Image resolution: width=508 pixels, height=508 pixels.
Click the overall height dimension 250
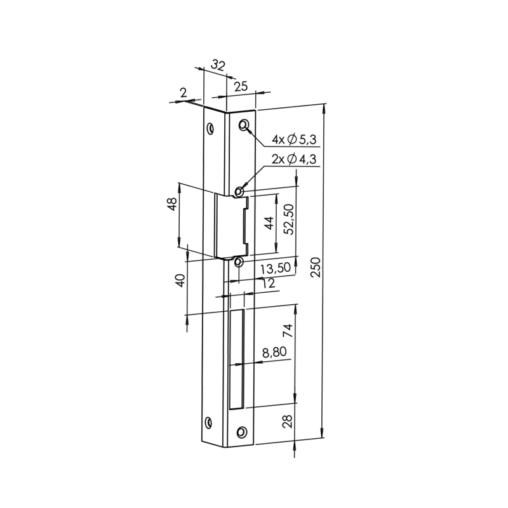pyautogui.click(x=316, y=267)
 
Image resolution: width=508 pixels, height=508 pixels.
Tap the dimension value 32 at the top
pyautogui.click(x=218, y=65)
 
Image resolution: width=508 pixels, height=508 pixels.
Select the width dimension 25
pyautogui.click(x=241, y=86)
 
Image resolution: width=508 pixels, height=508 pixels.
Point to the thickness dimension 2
pyautogui.click(x=184, y=93)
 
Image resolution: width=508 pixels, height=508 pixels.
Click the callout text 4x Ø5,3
pyautogui.click(x=294, y=140)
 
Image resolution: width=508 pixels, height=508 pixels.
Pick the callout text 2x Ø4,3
pyautogui.click(x=294, y=159)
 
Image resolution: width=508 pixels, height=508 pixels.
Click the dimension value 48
pyautogui.click(x=172, y=204)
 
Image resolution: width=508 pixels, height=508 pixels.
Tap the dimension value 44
pyautogui.click(x=269, y=223)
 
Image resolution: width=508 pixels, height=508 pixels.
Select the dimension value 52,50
pyautogui.click(x=288, y=219)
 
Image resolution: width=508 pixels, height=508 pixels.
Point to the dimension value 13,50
pyautogui.click(x=276, y=269)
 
